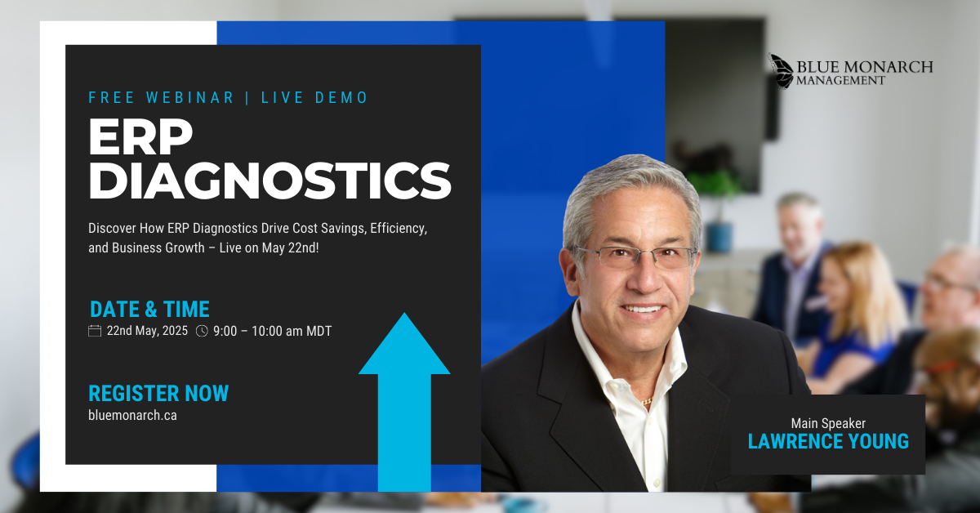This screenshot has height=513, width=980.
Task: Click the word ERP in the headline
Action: click(x=140, y=136)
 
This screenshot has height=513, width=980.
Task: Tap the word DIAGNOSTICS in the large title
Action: click(x=269, y=181)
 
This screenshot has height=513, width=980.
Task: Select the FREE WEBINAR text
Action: click(x=162, y=97)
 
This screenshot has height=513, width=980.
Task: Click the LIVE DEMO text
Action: click(x=314, y=97)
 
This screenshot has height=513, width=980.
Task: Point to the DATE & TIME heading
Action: click(x=149, y=309)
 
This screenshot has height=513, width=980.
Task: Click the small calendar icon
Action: click(x=95, y=331)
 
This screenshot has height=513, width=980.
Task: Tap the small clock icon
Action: click(x=202, y=331)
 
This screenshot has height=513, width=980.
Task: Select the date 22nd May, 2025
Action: click(x=147, y=331)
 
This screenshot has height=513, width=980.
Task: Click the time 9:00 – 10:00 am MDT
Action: click(x=273, y=331)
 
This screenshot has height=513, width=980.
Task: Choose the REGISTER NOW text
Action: click(x=158, y=393)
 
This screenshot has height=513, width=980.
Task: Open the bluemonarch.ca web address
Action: click(x=132, y=415)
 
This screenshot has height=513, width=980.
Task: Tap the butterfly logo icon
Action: click(x=781, y=71)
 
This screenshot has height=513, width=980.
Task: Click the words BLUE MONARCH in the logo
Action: click(x=865, y=66)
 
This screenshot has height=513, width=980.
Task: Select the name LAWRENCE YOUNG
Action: click(x=828, y=441)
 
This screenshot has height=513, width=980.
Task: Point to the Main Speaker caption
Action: click(x=828, y=423)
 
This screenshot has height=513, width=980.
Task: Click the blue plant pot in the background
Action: click(x=719, y=237)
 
